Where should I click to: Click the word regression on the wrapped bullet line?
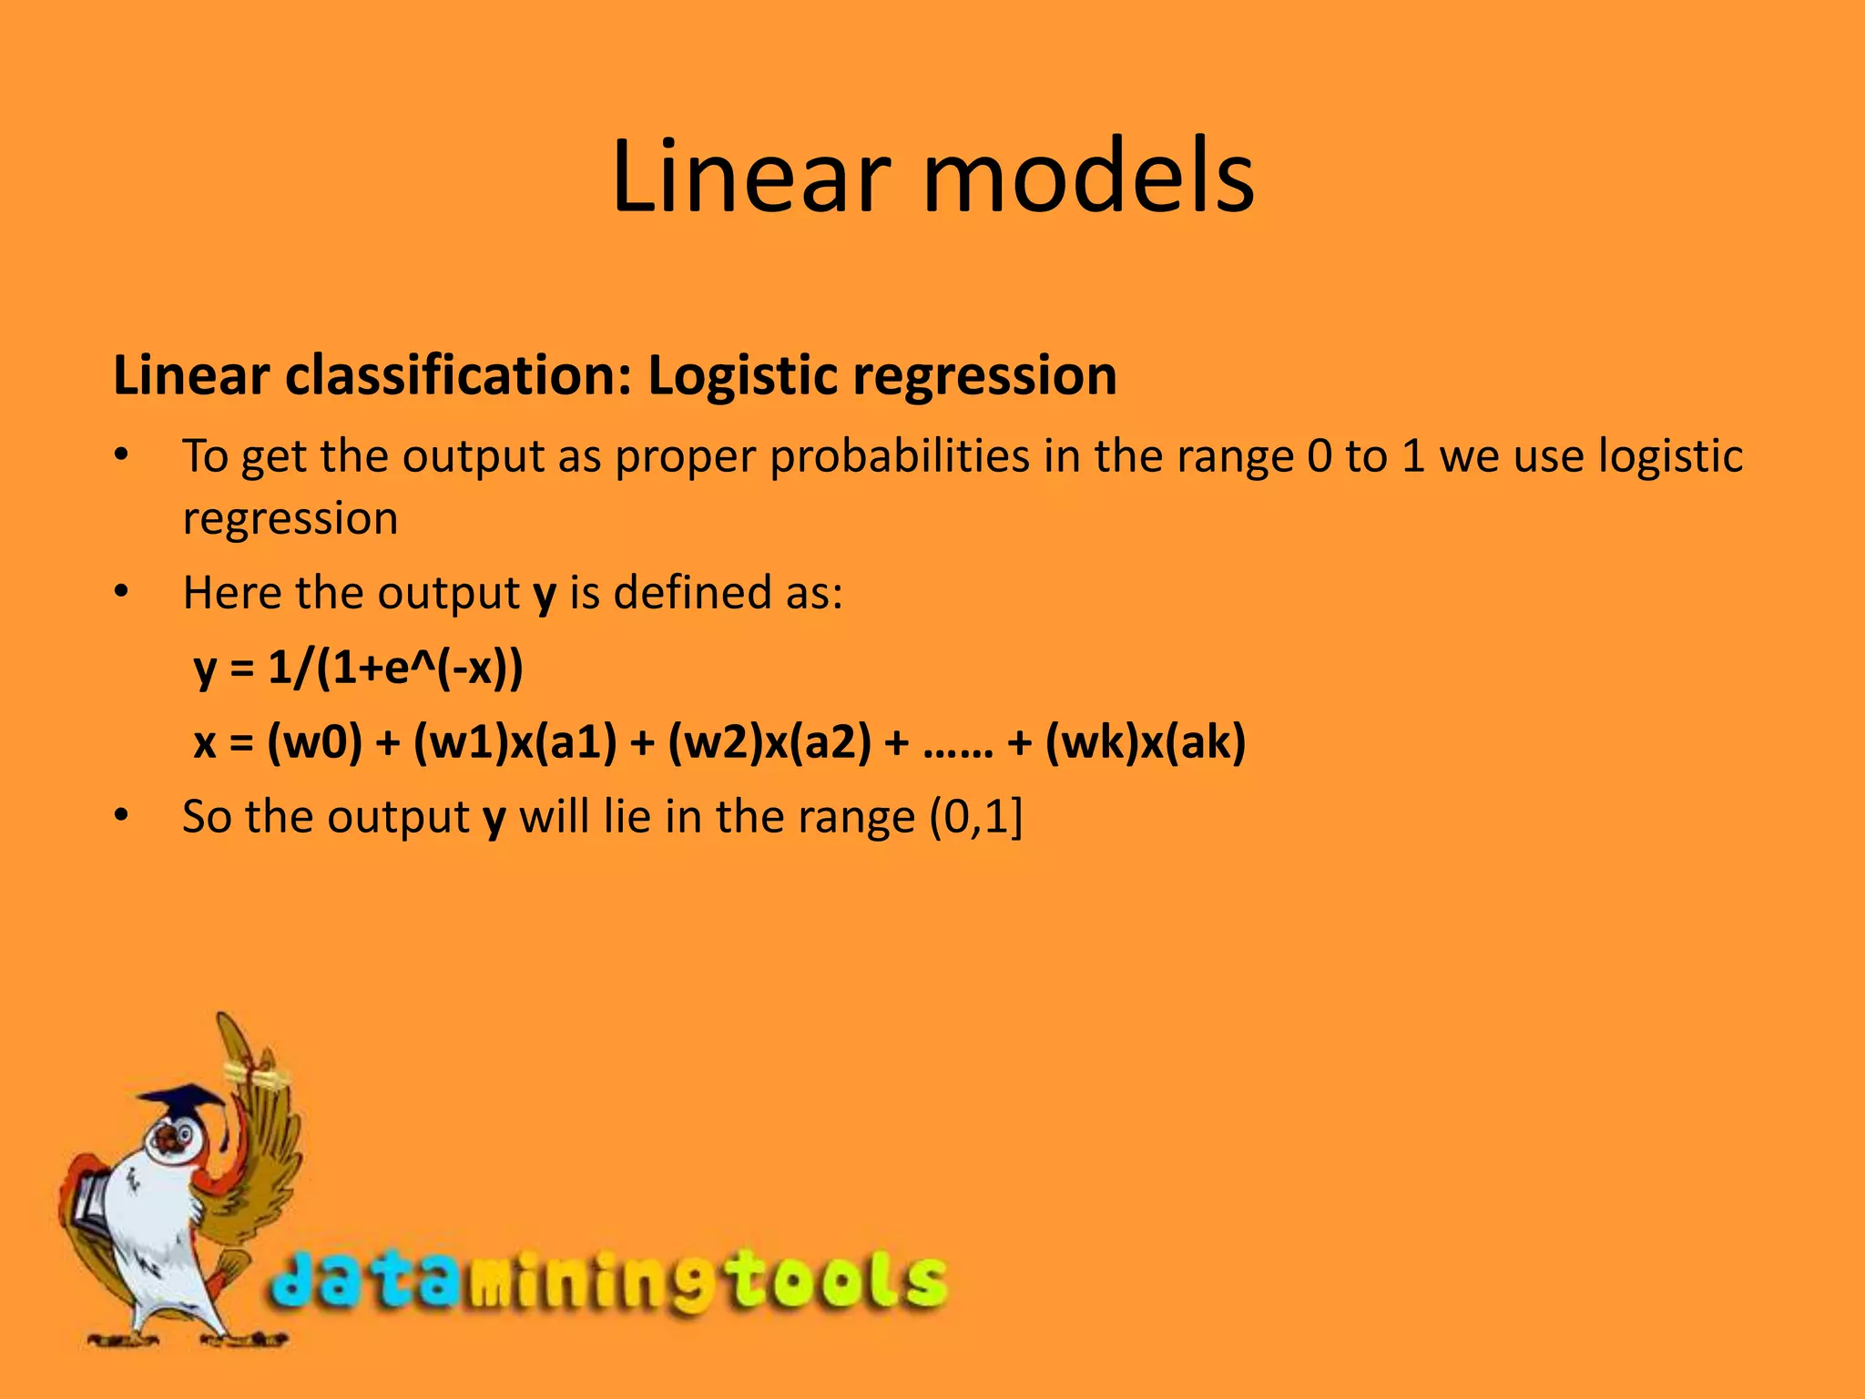[x=290, y=518]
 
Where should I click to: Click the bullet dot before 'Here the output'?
[x=122, y=593]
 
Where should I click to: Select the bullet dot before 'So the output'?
[x=122, y=817]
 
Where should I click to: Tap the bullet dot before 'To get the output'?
[x=122, y=456]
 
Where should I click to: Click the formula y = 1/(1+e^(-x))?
[x=359, y=669]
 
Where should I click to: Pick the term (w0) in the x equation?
[x=314, y=742]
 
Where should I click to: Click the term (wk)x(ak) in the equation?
[x=1145, y=742]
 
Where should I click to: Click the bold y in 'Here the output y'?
[x=545, y=595]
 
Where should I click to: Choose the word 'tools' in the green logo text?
[x=838, y=1280]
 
